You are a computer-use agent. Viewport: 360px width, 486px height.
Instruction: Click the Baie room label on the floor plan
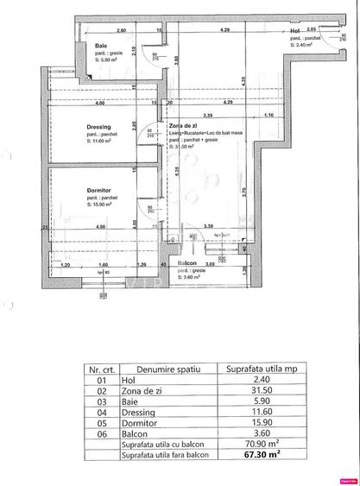click(x=101, y=45)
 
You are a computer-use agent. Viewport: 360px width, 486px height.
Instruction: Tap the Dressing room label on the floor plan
click(x=99, y=126)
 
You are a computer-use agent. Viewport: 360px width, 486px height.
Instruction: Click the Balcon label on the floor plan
click(x=187, y=263)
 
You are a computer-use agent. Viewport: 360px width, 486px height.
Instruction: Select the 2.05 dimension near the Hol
click(x=298, y=28)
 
